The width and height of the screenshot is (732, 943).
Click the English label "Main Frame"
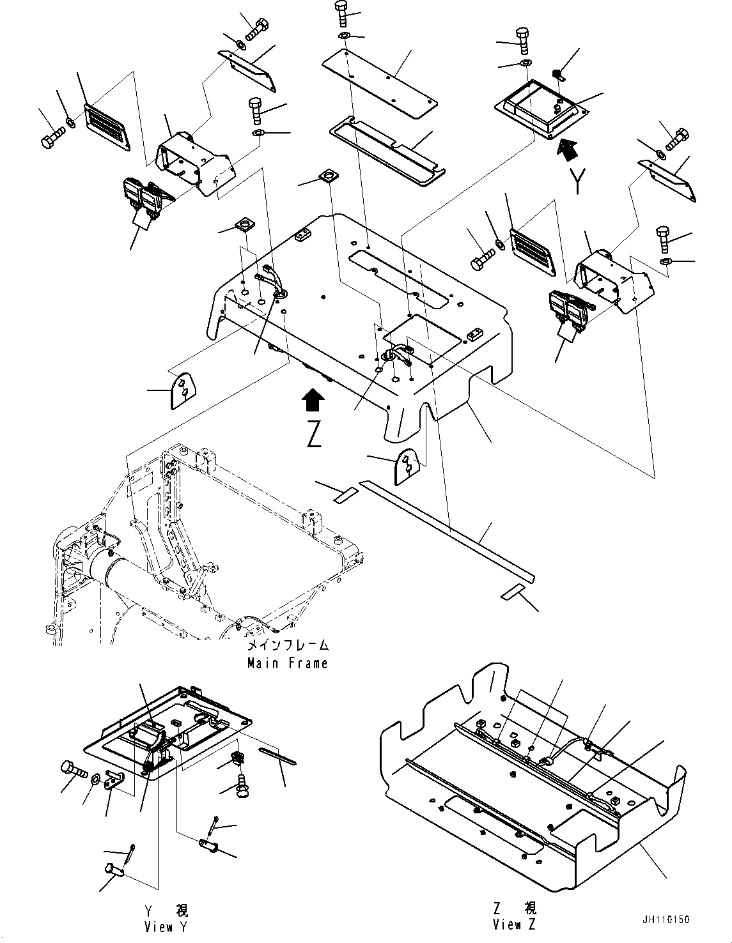(288, 663)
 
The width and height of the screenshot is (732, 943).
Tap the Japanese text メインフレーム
(288, 645)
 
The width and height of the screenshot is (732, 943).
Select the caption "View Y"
(167, 927)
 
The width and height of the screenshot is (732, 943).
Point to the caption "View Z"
(515, 924)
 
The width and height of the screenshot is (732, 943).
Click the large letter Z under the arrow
(313, 434)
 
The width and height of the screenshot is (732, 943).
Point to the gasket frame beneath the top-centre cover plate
(387, 149)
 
